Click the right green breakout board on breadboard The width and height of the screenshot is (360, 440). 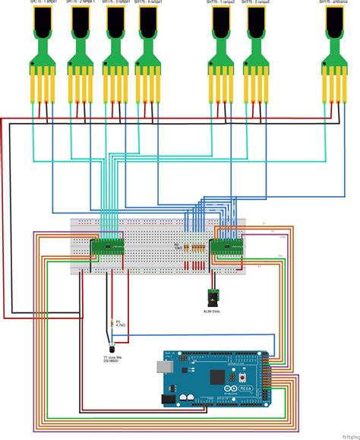pyautogui.click(x=226, y=244)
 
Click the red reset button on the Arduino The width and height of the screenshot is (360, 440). pyautogui.click(x=242, y=378)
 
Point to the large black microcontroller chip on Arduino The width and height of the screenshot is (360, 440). pyautogui.click(x=216, y=377)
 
